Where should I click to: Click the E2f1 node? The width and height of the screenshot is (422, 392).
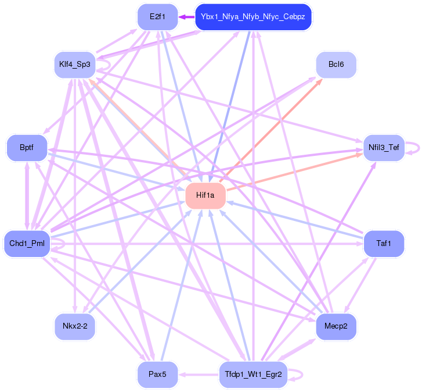click(x=157, y=16)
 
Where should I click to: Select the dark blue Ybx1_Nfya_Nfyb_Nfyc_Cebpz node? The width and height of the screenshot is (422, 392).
click(x=253, y=17)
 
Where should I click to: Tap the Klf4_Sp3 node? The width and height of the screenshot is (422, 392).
click(x=75, y=64)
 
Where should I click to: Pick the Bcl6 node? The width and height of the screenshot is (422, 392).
click(x=336, y=64)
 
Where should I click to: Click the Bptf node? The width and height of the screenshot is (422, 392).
click(x=26, y=148)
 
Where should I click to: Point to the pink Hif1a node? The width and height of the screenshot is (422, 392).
click(x=205, y=195)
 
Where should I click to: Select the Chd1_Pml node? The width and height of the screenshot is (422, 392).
click(x=27, y=243)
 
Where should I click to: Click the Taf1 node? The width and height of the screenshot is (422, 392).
click(x=383, y=244)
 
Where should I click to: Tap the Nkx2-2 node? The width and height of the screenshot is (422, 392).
click(x=75, y=326)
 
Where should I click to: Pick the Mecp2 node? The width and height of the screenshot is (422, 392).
click(x=336, y=326)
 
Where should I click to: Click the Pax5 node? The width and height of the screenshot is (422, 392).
click(x=157, y=374)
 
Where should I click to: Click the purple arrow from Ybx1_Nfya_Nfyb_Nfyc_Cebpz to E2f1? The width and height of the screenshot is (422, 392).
click(x=186, y=16)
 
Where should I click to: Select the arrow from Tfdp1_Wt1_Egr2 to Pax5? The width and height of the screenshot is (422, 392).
click(x=197, y=374)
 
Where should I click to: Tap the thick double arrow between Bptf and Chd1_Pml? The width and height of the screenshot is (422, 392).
click(x=26, y=195)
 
